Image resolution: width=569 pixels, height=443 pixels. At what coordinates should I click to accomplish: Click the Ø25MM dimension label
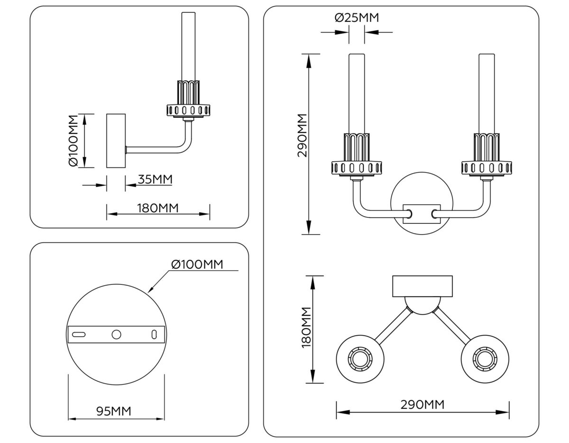pos(357,18)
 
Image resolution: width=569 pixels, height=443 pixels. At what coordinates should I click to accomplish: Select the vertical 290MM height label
pos(302,135)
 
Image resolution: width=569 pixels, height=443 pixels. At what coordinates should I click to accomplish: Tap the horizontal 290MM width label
pos(422,405)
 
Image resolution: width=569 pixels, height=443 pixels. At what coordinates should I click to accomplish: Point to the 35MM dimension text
pos(155,179)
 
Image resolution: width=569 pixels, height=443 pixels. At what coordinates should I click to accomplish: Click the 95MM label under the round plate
pos(114,411)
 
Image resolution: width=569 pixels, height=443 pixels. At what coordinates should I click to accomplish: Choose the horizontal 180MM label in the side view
pos(158,208)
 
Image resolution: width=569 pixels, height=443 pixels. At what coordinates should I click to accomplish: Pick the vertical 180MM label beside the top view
pos(306,328)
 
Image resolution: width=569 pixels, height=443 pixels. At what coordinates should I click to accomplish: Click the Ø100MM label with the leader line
pos(196,264)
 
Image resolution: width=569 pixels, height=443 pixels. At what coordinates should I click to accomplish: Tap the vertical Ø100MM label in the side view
pos(73,141)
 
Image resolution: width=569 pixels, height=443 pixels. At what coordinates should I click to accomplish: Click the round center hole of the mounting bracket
pos(116,334)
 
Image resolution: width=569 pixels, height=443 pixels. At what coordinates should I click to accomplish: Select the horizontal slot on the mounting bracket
pos(79,334)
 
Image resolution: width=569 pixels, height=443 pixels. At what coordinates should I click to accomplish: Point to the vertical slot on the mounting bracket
pos(154,334)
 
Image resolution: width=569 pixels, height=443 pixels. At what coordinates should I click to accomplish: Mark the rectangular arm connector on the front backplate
pos(421,214)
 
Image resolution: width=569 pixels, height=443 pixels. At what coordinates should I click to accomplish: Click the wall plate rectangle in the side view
pos(116,141)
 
